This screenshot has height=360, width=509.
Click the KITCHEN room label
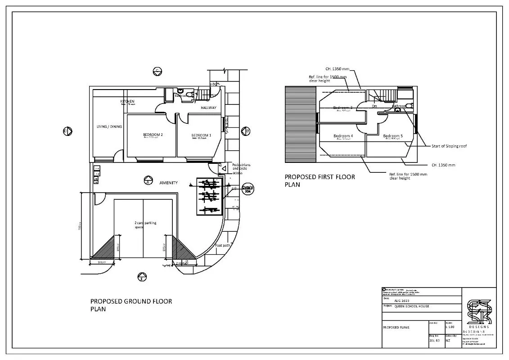click(127, 101)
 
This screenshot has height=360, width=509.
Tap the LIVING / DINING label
click(109, 127)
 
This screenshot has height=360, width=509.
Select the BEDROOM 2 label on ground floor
click(153, 135)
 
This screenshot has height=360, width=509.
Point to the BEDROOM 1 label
click(201, 135)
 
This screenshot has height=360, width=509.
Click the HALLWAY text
click(208, 108)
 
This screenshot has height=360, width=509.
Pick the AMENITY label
click(169, 183)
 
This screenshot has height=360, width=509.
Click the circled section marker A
click(147, 182)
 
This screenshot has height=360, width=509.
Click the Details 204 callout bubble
click(247, 189)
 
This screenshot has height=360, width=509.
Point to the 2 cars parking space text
click(145, 225)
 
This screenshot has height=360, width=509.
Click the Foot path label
click(222, 246)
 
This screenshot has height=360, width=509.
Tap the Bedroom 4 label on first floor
click(343, 136)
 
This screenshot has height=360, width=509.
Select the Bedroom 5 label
click(392, 136)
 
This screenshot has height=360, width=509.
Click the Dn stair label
click(374, 107)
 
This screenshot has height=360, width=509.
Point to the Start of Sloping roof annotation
click(449, 146)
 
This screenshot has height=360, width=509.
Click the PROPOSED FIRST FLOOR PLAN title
click(320, 180)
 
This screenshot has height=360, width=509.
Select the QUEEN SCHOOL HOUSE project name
click(411, 306)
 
